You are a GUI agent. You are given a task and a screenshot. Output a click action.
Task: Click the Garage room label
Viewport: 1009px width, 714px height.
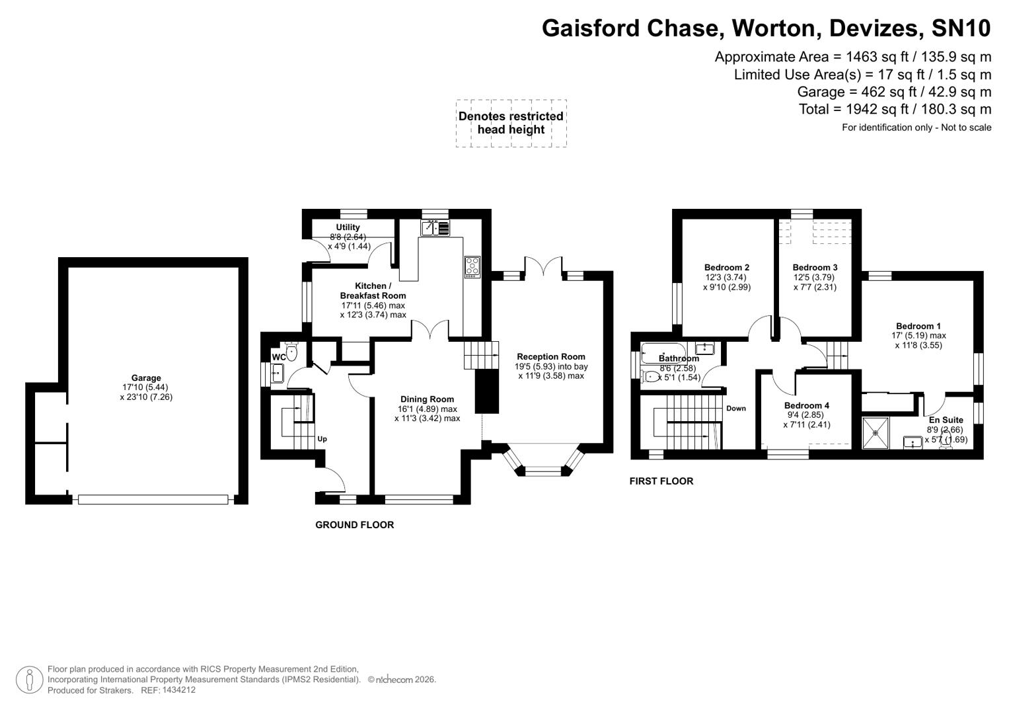pos(145,378)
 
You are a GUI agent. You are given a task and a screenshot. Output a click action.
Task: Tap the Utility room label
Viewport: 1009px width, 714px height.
pos(348,227)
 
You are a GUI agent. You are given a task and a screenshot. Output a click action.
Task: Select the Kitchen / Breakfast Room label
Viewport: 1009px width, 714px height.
pos(373,291)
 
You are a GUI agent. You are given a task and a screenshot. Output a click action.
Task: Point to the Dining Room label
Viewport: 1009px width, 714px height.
pos(427,399)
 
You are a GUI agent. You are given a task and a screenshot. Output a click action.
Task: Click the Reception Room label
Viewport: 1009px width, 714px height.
pos(550,357)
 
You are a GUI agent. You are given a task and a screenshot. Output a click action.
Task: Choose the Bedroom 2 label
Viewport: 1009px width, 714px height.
pos(726,268)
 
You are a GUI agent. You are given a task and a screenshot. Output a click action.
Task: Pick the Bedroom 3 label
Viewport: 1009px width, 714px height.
pos(815,268)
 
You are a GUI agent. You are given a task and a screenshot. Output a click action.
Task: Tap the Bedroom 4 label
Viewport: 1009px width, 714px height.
pos(806,405)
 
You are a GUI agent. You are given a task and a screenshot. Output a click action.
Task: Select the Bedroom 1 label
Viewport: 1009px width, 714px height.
pos(918,326)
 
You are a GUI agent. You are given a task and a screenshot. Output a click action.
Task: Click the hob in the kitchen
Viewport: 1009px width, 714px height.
pos(472,266)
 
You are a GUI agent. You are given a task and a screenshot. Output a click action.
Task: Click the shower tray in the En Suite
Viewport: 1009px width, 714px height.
pos(876,433)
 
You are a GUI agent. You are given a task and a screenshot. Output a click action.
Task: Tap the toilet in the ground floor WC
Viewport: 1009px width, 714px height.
pos(291,352)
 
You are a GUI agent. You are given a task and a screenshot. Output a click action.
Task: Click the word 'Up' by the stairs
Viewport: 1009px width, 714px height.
pos(322,439)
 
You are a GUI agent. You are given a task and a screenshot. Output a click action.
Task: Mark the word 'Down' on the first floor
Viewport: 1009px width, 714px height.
pos(735,409)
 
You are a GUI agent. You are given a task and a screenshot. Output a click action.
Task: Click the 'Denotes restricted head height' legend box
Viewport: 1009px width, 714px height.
pos(511,123)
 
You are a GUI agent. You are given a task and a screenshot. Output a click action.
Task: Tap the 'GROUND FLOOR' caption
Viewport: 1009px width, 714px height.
pos(354,525)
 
